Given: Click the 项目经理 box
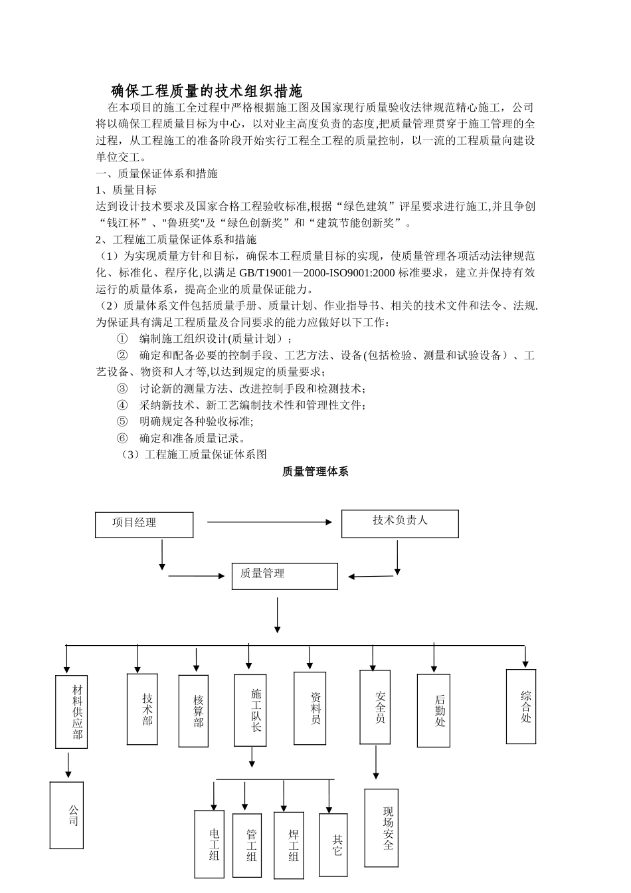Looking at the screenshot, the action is (144, 524).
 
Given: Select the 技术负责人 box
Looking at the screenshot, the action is (400, 524).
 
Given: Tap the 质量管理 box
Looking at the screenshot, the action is (284, 575).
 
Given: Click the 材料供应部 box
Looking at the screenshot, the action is (71, 712).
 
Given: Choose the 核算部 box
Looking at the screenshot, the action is (193, 711).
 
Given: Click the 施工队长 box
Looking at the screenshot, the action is (250, 710).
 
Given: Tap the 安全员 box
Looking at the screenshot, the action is (375, 706).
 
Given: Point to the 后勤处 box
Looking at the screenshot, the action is (434, 710).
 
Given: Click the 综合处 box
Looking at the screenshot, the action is (521, 706).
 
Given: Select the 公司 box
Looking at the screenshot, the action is (66, 815).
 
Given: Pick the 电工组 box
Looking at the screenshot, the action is (209, 844).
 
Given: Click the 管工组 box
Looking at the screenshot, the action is (247, 845).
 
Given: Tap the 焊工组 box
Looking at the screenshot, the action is (288, 845).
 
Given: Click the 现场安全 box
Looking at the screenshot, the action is (381, 828).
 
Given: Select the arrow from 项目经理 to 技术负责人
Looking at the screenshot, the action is (270, 522).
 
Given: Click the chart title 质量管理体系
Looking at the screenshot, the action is (315, 471).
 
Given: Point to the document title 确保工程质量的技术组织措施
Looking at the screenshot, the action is (206, 91).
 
